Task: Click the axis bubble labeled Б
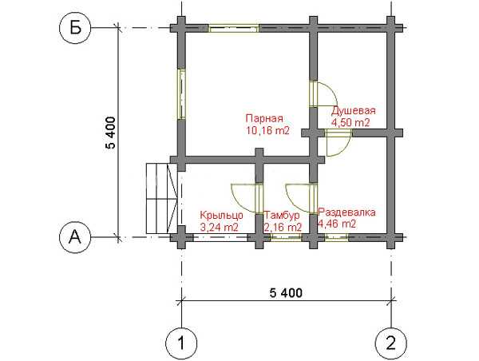coord(75,28)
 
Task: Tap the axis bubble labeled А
coord(75,237)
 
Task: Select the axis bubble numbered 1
coord(181,343)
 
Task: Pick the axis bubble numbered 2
coord(391,343)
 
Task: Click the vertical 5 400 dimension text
coord(111,133)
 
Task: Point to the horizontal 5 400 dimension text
coord(286,293)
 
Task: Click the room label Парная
coord(264,118)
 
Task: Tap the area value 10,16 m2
coord(267,130)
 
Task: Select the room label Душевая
coord(354,110)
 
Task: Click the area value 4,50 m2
coord(350,122)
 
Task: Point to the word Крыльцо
coord(221,216)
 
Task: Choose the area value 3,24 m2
coord(219,228)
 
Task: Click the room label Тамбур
coord(282,216)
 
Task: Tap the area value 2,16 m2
coord(283,228)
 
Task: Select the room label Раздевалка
coord(347,212)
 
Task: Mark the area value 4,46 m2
coord(337,224)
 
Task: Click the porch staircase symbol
coord(162,198)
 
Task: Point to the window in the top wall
coord(234,28)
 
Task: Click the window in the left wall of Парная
coord(182,94)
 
